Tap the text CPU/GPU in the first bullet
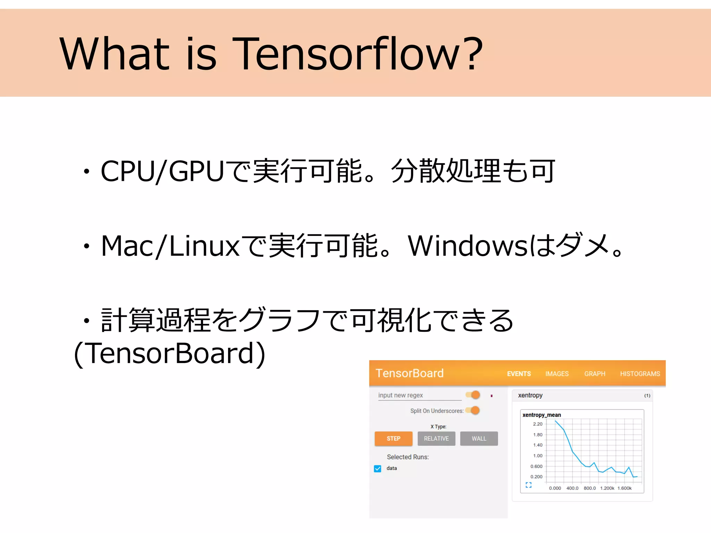(x=162, y=171)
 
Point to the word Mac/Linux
(x=170, y=246)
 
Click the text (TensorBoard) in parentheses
(x=169, y=354)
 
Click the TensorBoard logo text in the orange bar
(x=410, y=373)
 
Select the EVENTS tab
(x=519, y=374)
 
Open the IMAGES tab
(x=557, y=374)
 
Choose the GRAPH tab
(x=595, y=374)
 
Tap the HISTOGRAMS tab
(x=640, y=374)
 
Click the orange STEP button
(x=393, y=439)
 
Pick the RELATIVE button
(x=436, y=439)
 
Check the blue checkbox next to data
(x=378, y=468)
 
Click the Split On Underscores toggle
(x=473, y=411)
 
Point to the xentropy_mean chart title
(x=542, y=415)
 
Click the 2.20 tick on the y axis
(x=537, y=424)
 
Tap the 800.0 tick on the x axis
(x=589, y=488)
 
